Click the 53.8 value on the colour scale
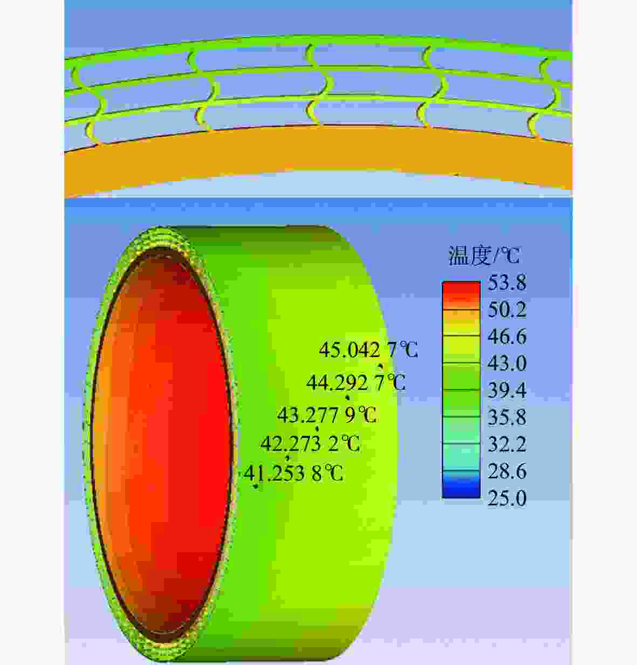[x=507, y=283]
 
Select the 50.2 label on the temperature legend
[x=507, y=310]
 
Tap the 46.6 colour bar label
[x=507, y=337]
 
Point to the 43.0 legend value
[x=507, y=364]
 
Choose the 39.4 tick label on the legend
[x=507, y=390]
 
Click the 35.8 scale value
[x=507, y=417]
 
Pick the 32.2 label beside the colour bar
[x=507, y=444]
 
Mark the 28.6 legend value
[x=507, y=471]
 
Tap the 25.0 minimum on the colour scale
[x=507, y=498]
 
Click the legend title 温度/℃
[x=484, y=256]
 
